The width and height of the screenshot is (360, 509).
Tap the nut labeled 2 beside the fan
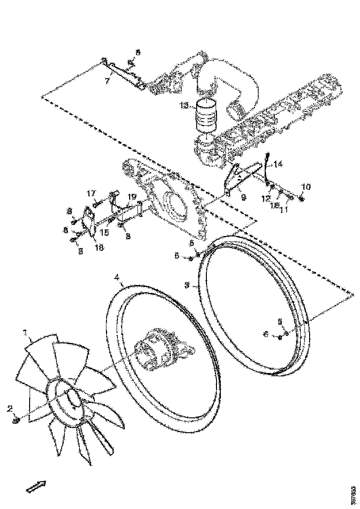point(16,420)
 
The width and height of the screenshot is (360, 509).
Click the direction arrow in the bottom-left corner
point(37,486)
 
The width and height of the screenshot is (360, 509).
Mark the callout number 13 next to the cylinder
point(184,106)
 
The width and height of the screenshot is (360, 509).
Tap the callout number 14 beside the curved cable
point(278,164)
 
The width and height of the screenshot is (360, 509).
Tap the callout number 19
point(132,197)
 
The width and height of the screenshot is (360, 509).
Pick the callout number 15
point(105,233)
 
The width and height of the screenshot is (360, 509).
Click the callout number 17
point(91,193)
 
